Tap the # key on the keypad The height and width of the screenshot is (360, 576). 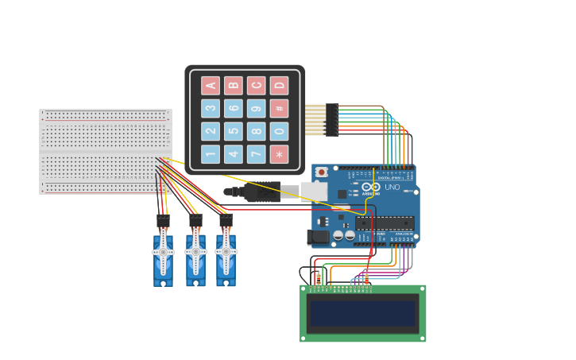279,108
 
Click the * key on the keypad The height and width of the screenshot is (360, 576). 279,153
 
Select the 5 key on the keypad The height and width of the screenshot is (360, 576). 233,131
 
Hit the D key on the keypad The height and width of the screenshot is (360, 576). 279,86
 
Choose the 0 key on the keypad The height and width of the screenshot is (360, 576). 279,131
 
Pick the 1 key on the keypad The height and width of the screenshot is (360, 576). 211,153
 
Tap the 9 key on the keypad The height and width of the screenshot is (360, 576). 256,108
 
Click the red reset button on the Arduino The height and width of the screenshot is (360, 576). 322,172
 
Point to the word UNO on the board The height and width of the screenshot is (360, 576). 392,188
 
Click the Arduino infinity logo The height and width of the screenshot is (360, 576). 371,188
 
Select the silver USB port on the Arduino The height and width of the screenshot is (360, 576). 315,192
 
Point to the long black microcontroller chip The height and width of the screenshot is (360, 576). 385,223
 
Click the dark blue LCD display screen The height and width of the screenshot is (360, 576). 362,313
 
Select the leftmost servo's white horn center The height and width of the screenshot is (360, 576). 163,252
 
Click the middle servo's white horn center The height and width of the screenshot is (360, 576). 195,252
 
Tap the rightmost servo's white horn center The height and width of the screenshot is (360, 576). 226,252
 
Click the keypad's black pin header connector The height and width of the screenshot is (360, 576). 332,120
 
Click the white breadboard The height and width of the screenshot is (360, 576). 105,151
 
